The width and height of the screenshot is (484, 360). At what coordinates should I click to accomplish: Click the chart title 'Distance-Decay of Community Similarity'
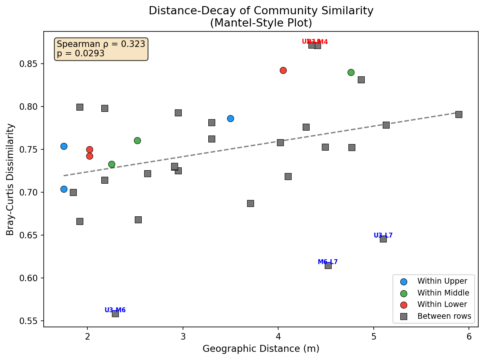coord(261,11)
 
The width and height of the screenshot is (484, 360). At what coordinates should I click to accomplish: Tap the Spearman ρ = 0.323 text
coord(101,44)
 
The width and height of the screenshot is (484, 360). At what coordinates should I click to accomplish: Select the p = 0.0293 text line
coord(80,53)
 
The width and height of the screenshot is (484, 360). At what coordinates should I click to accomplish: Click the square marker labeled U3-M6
coord(115,313)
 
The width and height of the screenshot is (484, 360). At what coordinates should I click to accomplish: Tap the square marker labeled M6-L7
coord(328,265)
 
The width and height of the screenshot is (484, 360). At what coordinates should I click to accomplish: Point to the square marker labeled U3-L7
coord(383,239)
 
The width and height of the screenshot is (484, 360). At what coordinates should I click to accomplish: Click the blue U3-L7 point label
coord(383,235)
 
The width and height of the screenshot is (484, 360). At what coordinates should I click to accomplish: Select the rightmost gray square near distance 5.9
coord(459,114)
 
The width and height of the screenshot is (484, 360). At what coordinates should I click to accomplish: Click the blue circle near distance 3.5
coord(230,118)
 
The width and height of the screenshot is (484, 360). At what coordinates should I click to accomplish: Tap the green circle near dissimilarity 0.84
coord(351,72)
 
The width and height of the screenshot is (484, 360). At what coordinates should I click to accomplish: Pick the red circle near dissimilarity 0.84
coord(283,70)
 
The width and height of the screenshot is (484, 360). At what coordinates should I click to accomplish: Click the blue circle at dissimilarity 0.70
coord(64,189)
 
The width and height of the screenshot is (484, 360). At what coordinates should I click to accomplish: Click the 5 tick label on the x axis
coord(374,336)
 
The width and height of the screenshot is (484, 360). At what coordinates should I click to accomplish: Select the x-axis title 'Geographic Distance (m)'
coord(261,349)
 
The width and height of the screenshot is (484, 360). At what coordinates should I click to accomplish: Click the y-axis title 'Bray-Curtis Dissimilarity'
coord(10,179)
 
